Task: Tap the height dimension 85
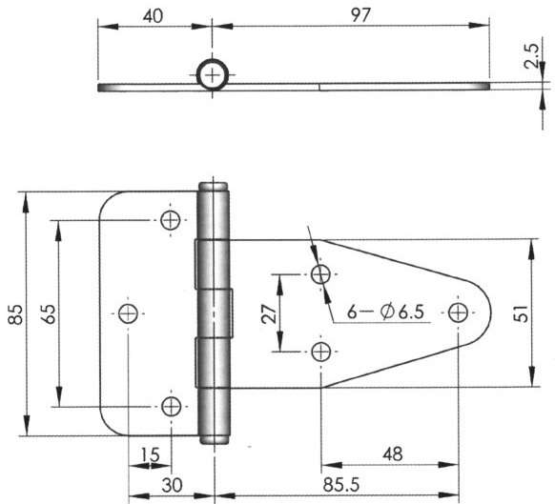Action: (14, 313)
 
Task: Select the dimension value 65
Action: (45, 313)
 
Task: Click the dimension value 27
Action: (269, 313)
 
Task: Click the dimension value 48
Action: (391, 454)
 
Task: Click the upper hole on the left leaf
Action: (171, 220)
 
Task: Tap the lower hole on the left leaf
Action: (171, 407)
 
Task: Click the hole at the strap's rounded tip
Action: (461, 312)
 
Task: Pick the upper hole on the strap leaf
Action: (321, 274)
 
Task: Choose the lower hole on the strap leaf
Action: (321, 352)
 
